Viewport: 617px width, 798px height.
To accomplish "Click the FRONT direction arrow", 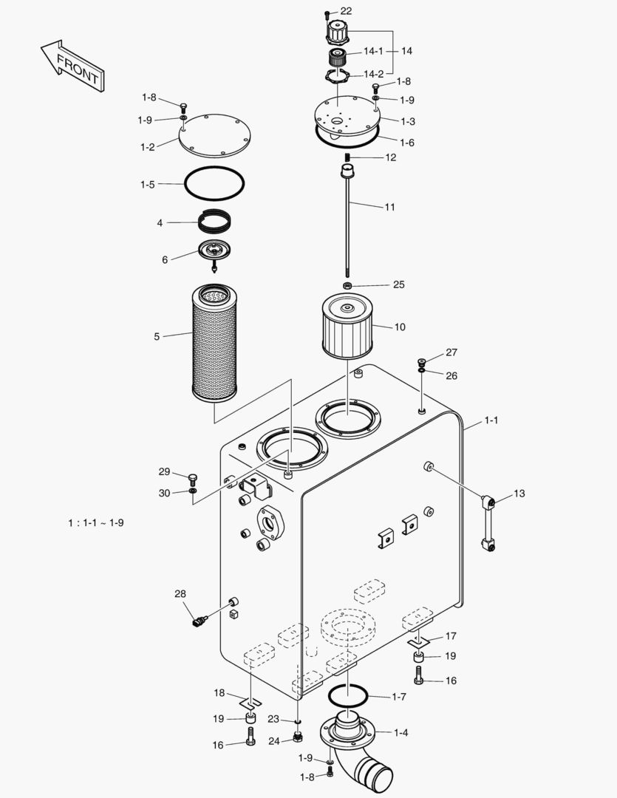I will point(72,65).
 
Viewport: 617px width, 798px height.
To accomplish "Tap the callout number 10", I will point(399,327).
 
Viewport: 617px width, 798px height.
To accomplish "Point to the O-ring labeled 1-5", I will point(214,183).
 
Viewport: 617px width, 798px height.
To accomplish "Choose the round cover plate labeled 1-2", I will point(215,135).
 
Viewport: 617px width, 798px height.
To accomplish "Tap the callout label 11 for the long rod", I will point(389,207).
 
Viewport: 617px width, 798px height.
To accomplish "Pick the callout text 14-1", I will point(372,51).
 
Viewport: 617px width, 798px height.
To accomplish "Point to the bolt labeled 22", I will point(327,13).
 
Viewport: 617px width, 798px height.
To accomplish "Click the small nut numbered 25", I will point(347,285).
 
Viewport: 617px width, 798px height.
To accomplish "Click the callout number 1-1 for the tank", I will point(491,420).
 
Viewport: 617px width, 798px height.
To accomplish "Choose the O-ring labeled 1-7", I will point(347,695).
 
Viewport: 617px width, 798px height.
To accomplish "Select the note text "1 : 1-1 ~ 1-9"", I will point(96,522).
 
